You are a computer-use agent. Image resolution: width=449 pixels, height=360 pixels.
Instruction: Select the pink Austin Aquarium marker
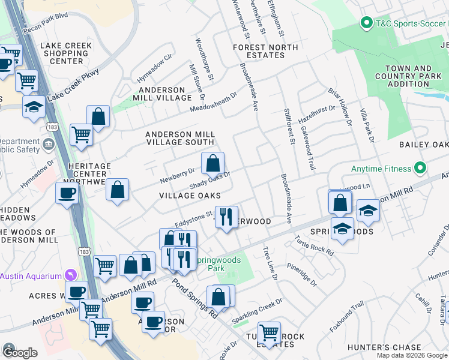pos(73,275)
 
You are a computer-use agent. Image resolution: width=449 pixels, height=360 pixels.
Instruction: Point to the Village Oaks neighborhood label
pos(190,196)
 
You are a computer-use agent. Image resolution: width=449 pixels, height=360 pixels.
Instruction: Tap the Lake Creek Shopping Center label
pos(67,53)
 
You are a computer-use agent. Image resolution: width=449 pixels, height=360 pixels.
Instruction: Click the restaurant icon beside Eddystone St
pos(226,217)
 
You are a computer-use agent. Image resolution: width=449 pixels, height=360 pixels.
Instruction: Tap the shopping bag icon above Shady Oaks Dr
pos(212,163)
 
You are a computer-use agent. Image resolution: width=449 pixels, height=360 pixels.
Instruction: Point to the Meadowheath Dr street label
pos(214,101)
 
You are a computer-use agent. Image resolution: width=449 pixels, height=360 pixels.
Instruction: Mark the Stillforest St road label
pos(291,127)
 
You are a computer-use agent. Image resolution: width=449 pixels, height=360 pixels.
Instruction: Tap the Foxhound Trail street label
pos(346,317)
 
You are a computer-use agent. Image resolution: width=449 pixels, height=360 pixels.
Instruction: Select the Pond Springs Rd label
pos(195,298)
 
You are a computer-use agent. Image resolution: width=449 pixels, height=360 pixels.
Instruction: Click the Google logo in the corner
pos(20,353)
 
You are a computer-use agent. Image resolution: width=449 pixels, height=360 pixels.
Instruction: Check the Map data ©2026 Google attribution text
pos(411,355)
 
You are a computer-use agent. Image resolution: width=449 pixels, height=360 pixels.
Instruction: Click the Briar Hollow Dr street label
pos(339,107)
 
